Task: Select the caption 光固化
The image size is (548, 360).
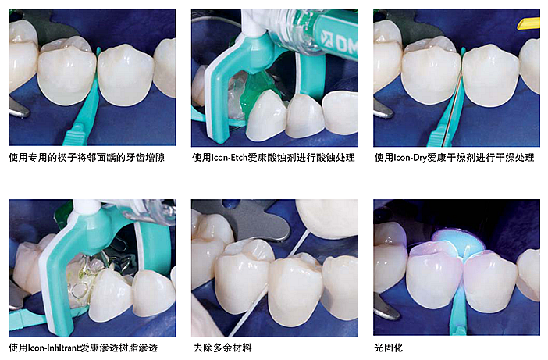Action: (387, 347)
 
